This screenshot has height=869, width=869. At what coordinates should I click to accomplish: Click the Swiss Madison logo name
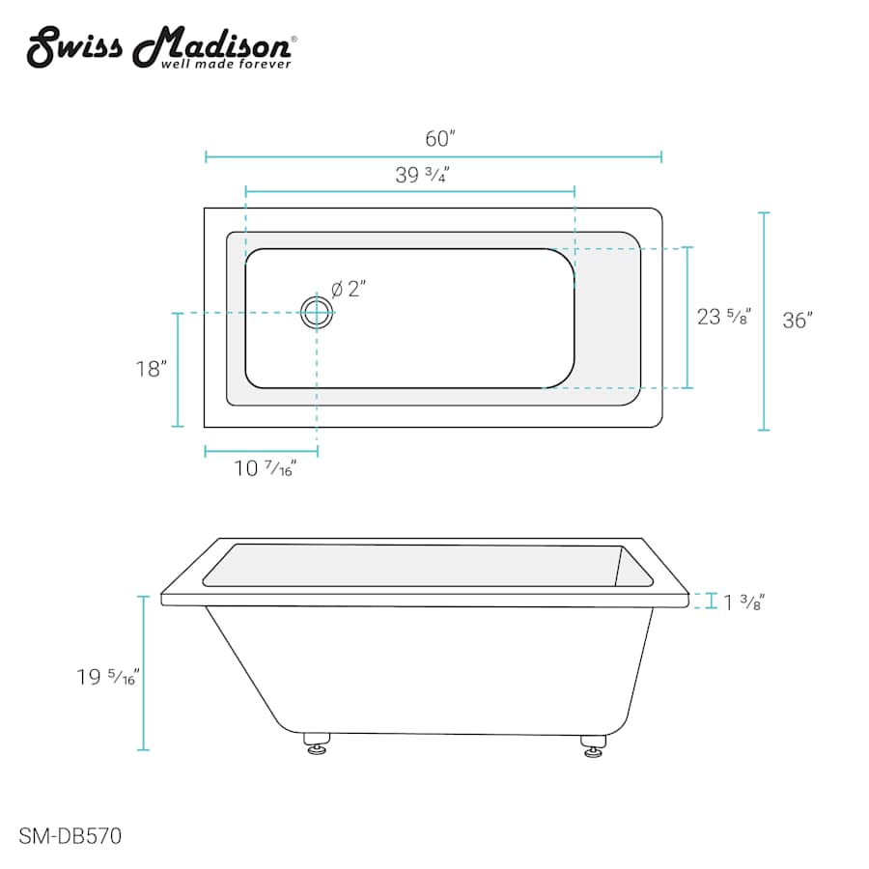click(159, 44)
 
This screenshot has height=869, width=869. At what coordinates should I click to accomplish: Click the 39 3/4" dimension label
click(422, 175)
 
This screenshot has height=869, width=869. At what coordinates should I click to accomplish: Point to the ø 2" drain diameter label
click(349, 289)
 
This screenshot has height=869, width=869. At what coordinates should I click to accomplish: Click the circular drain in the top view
click(316, 312)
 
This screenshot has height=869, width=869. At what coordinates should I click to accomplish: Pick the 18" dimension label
click(152, 369)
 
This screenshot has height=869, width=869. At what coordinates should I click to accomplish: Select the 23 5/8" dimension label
click(724, 316)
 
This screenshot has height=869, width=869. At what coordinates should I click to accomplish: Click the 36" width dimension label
click(798, 321)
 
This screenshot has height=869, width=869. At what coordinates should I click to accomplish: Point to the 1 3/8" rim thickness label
click(743, 603)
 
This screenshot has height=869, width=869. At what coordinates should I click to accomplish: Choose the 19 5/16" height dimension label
click(109, 677)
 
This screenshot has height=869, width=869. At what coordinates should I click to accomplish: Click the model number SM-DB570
click(70, 836)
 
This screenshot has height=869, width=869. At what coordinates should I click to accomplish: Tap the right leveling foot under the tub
click(592, 745)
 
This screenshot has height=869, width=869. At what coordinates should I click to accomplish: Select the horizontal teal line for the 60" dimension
click(434, 156)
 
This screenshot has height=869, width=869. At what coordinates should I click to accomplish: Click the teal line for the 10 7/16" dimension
click(261, 450)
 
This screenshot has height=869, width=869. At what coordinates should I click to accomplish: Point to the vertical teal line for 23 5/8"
click(687, 318)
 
